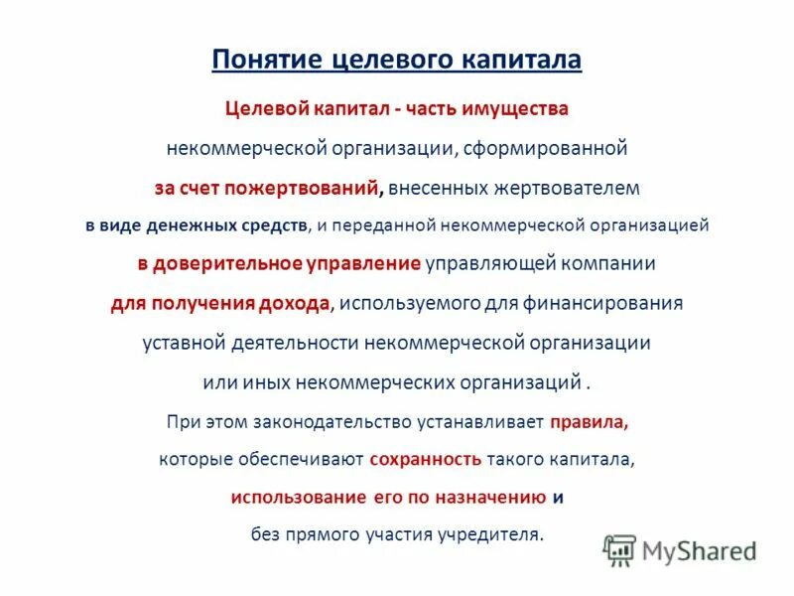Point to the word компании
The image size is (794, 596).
pyautogui.click(x=613, y=264)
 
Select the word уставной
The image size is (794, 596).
pyautogui.click(x=180, y=343)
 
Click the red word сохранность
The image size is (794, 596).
pyautogui.click(x=426, y=459)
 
